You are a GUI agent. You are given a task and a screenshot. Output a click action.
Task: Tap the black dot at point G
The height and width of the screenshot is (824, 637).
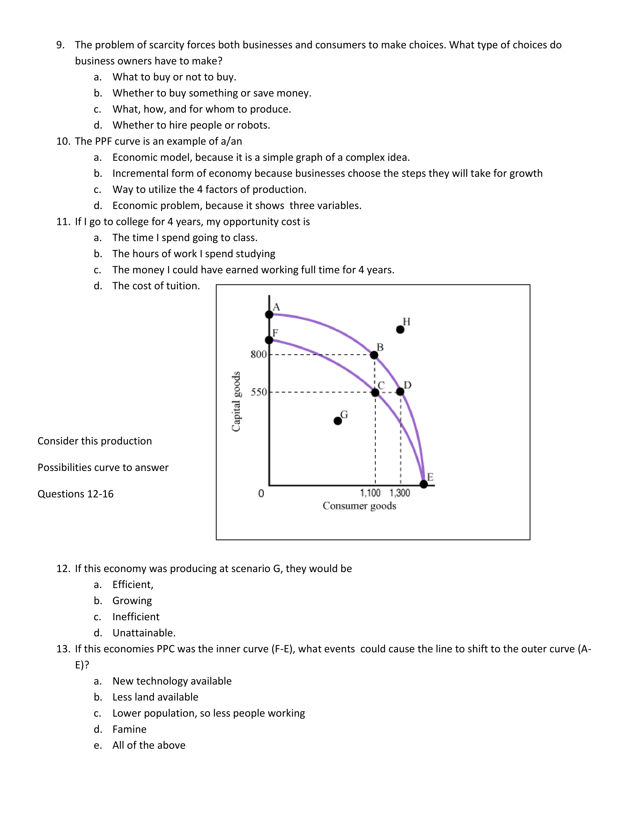click(338, 421)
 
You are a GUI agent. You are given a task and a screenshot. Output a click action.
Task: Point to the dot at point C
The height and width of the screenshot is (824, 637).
click(375, 392)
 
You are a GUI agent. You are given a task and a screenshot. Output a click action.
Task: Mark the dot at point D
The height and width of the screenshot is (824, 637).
click(400, 392)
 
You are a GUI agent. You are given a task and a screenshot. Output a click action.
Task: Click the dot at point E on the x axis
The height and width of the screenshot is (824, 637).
click(424, 484)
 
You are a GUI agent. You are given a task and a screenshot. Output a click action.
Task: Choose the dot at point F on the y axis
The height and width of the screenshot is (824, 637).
click(269, 340)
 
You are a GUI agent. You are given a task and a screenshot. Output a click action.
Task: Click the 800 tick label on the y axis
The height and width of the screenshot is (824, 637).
click(259, 354)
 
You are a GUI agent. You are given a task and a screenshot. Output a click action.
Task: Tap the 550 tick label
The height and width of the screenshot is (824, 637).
click(259, 392)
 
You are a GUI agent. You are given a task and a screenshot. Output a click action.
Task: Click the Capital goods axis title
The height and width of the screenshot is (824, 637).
click(236, 402)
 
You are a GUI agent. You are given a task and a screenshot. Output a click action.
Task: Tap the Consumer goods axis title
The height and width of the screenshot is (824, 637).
click(359, 506)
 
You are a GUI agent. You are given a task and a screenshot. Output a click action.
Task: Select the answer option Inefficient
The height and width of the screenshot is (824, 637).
click(136, 617)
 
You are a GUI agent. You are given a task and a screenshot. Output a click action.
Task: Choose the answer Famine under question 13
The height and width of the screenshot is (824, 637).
click(129, 729)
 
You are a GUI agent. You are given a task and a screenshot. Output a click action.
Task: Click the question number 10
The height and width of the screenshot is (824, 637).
click(63, 141)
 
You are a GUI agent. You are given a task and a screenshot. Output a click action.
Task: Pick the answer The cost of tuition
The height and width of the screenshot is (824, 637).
click(156, 286)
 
